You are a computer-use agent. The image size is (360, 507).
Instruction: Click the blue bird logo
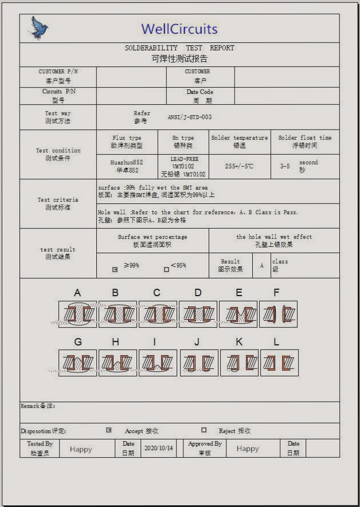(39, 28)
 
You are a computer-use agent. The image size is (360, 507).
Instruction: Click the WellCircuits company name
(179, 29)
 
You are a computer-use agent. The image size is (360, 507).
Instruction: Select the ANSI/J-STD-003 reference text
(189, 117)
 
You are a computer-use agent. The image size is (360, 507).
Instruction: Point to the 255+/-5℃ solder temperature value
(239, 166)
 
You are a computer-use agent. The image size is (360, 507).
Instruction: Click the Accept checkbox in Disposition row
(109, 430)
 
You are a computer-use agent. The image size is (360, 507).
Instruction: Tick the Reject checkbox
(204, 430)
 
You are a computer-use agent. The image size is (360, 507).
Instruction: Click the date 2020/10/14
(159, 448)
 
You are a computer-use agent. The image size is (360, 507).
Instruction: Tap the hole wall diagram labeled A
(77, 314)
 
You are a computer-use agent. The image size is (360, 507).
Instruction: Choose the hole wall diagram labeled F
(278, 314)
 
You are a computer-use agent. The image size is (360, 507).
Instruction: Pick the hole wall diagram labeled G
(77, 363)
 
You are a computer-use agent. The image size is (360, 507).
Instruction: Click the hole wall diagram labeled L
(279, 363)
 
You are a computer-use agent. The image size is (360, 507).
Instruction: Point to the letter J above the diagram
(197, 343)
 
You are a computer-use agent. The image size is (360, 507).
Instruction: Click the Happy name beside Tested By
(81, 449)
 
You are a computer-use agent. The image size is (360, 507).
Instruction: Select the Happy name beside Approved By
(248, 449)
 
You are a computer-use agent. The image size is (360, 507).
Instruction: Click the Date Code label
(199, 92)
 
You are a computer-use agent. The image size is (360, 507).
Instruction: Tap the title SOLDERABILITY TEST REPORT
(179, 48)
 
